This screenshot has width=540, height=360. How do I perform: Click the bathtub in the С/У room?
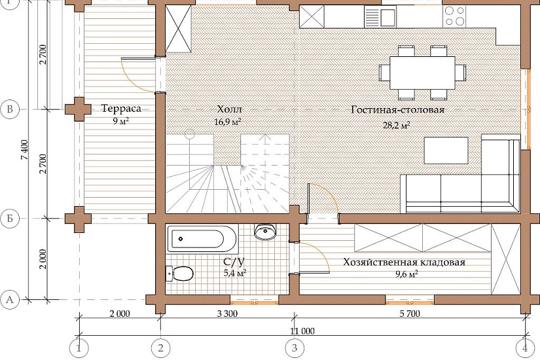[202, 239]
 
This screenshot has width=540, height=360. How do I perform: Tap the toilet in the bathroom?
[179, 274]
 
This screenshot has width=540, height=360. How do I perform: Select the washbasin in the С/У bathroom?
[265, 232]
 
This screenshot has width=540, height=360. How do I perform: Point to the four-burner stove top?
[455, 16]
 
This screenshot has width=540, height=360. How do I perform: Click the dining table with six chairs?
[423, 73]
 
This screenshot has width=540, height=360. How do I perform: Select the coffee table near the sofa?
[446, 151]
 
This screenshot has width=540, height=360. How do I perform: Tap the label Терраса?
[121, 109]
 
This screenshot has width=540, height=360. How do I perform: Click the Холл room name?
[229, 109]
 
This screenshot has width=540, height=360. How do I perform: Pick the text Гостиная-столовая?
[398, 110]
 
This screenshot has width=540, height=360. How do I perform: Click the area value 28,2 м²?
[397, 126]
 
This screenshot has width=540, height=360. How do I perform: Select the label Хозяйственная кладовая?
[404, 262]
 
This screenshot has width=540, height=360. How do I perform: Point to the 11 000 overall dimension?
[302, 331]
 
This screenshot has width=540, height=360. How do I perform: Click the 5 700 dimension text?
[410, 314]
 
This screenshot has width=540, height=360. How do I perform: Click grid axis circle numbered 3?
[295, 348]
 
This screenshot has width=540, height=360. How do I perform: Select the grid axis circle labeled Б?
[10, 219]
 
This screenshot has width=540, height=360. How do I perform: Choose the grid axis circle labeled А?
[10, 299]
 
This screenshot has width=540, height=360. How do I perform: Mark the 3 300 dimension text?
[227, 314]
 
